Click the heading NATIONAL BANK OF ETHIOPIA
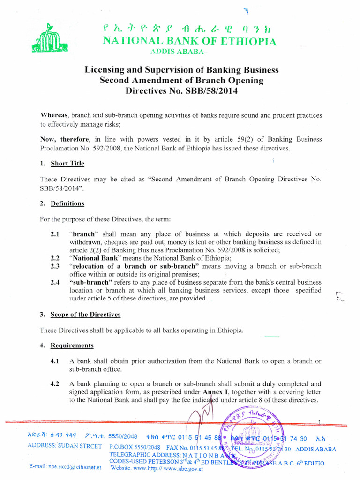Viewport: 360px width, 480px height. click(189, 41)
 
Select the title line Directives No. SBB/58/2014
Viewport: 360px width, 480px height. click(181, 91)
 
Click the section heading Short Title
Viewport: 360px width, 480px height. click(67, 163)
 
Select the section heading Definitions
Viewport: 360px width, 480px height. click(67, 203)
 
